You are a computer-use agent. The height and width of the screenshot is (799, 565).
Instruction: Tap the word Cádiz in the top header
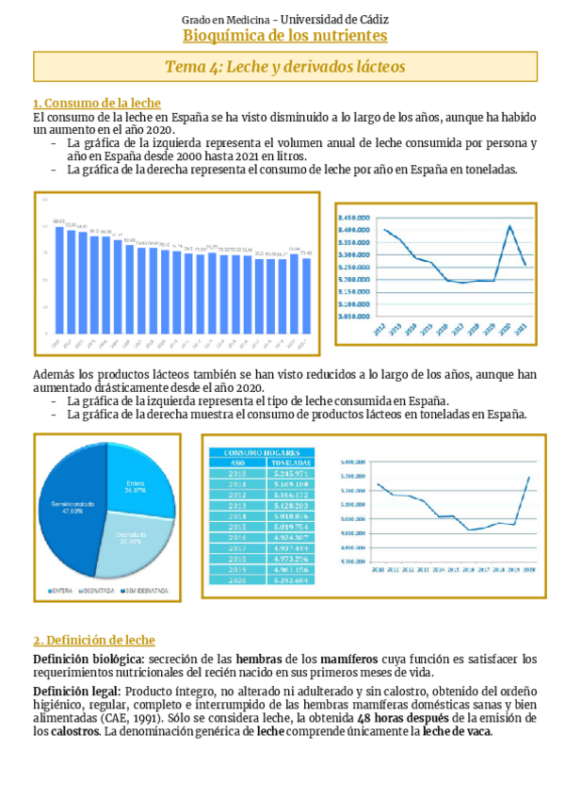371,19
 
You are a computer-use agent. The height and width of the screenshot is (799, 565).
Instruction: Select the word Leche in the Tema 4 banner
254,67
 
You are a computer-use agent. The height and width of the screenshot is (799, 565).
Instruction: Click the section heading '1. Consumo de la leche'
96,104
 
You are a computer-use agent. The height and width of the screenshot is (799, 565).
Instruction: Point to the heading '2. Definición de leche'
94,640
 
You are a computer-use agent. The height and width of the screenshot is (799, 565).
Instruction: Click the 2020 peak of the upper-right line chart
509,226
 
